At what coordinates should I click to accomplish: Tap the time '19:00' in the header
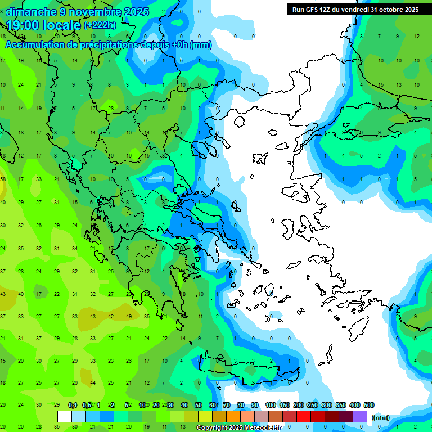(22, 25)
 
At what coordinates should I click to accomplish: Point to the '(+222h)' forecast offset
(100, 25)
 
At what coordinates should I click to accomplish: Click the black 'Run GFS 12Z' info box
(355, 9)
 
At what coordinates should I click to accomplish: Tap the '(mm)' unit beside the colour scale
(380, 417)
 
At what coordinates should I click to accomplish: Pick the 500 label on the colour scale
(368, 405)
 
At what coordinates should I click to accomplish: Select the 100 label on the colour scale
(270, 405)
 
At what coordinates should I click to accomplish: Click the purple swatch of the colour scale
(360, 416)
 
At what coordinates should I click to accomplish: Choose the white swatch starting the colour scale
(65, 416)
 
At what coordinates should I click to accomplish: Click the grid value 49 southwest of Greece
(129, 316)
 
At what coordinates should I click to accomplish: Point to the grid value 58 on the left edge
(3, 179)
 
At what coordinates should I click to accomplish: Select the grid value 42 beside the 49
(111, 316)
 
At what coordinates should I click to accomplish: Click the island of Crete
(247, 371)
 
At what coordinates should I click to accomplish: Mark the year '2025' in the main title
(137, 11)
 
